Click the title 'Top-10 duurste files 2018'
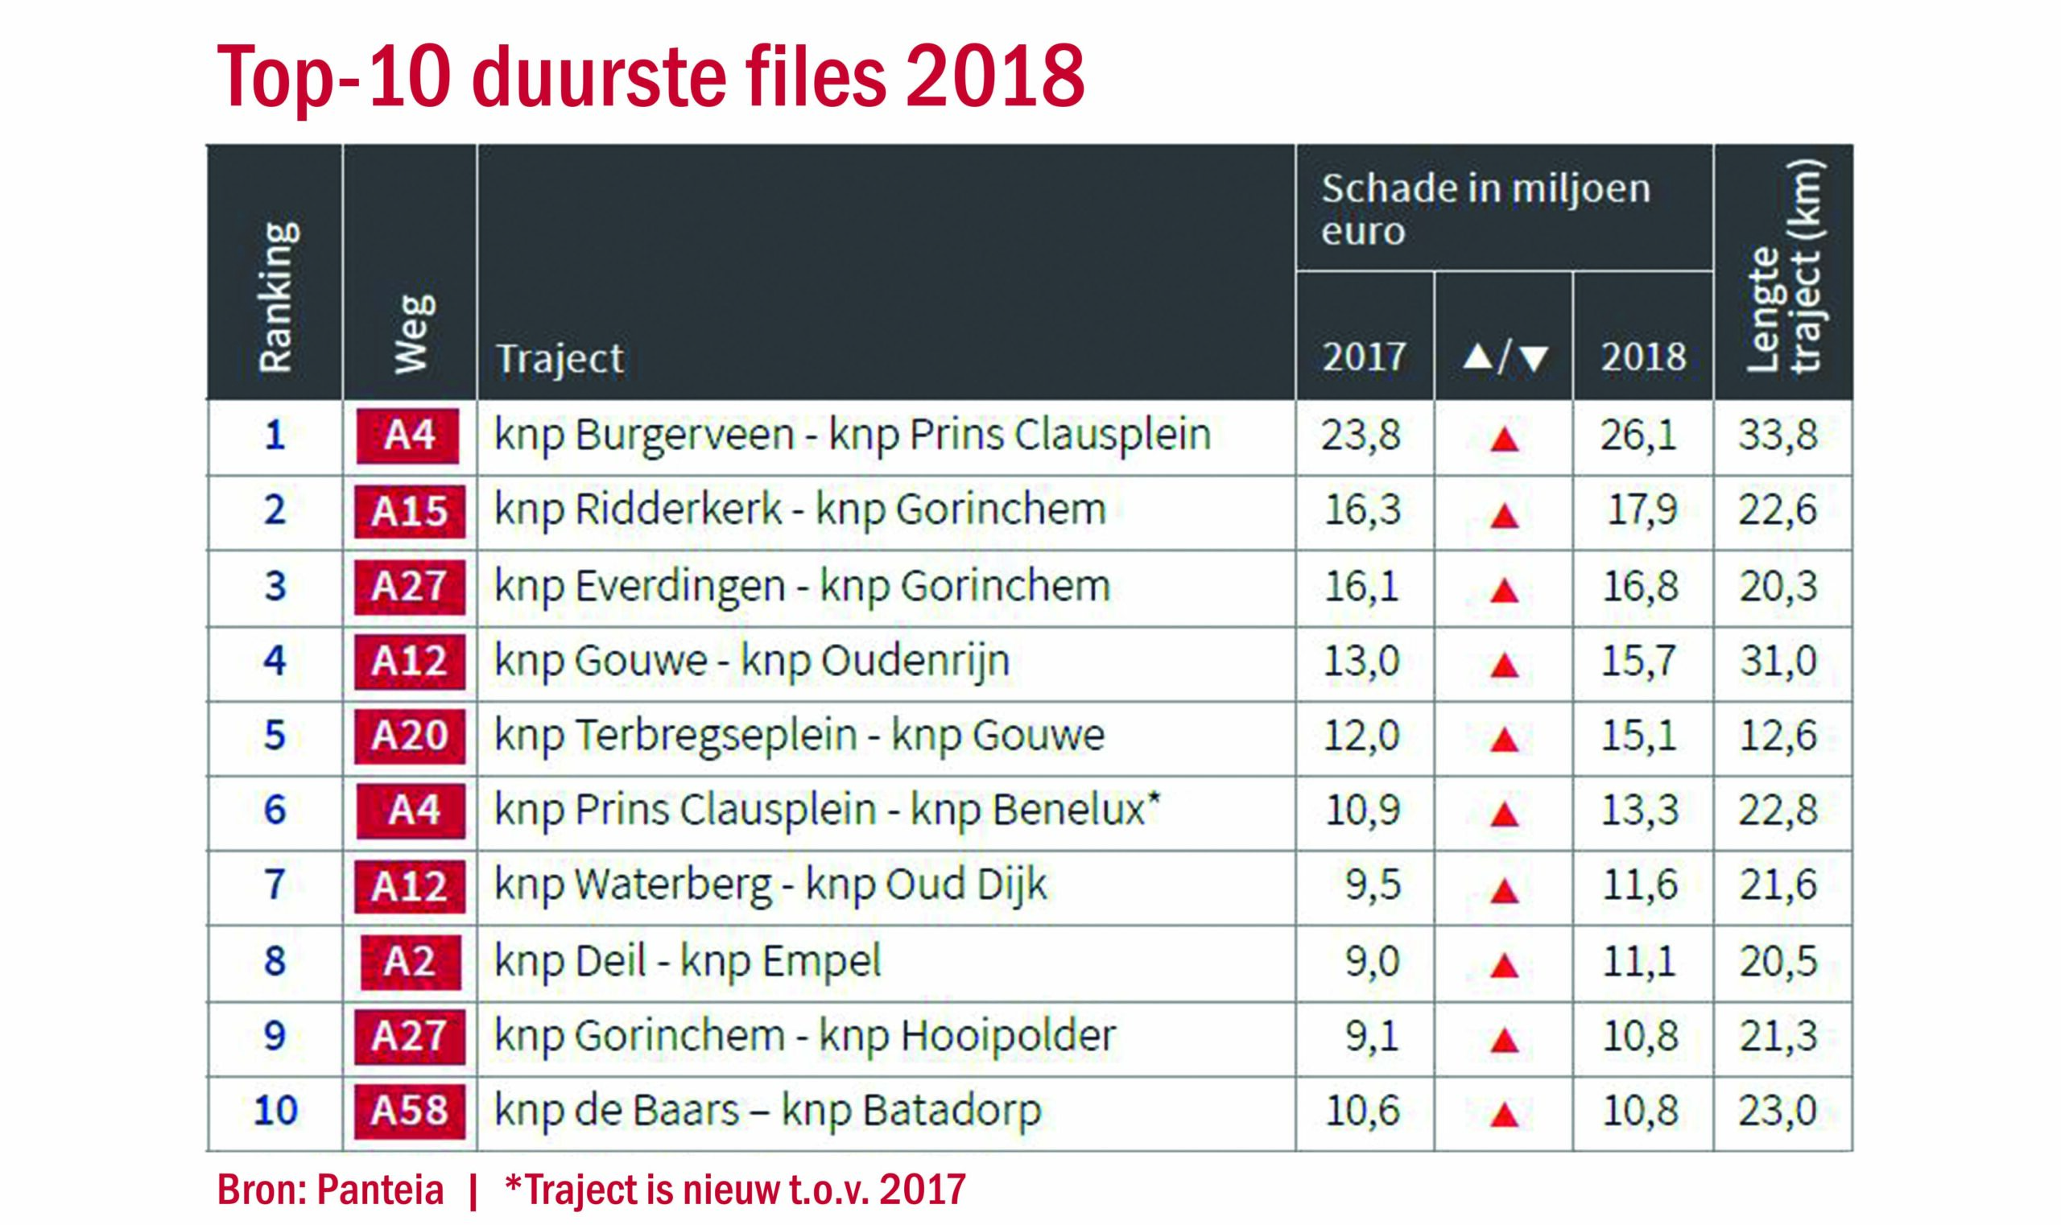pos(650,76)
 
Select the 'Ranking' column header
pos(275,296)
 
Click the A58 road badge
pos(409,1110)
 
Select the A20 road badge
pos(409,735)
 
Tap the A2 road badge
pos(410,961)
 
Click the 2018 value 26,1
pos(1639,435)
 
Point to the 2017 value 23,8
pos(1361,435)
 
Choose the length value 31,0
pos(1778,660)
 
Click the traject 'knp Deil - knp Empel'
pos(687,961)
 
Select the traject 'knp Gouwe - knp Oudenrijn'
pos(751,660)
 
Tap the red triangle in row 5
pos(1504,740)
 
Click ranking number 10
pos(275,1110)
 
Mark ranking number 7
pos(275,885)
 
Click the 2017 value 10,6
pos(1362,1110)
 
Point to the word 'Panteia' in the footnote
pos(380,1190)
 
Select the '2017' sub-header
pos(1364,357)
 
